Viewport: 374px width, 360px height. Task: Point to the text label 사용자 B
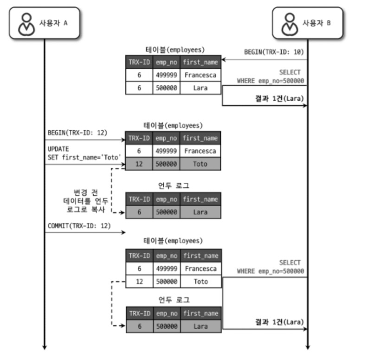(x=316, y=23)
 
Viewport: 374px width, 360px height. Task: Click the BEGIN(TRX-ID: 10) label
(x=274, y=52)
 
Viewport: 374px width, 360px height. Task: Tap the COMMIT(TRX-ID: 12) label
(x=79, y=225)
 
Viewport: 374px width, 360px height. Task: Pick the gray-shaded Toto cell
(x=200, y=164)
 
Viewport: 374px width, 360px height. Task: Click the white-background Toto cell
(x=200, y=282)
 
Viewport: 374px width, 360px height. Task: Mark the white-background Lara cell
(x=200, y=88)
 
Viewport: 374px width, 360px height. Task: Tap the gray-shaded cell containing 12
(x=139, y=164)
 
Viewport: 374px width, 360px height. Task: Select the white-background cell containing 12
(x=139, y=282)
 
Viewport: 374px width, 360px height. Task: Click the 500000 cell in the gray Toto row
(x=167, y=164)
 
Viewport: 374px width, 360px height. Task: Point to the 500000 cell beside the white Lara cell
(x=167, y=88)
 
